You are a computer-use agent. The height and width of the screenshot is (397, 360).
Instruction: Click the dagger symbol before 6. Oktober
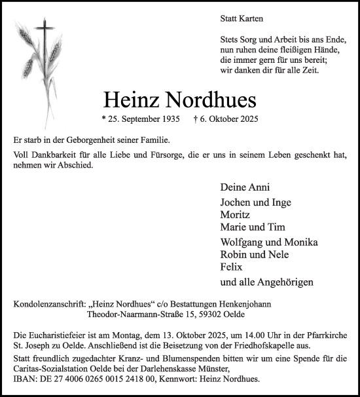point(196,119)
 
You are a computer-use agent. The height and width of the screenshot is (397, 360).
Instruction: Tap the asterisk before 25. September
point(104,119)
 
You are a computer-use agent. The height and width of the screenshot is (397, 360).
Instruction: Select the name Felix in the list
point(232,267)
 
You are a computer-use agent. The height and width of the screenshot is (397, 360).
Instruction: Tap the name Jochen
point(236,202)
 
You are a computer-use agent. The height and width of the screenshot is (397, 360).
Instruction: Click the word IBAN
point(24,379)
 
